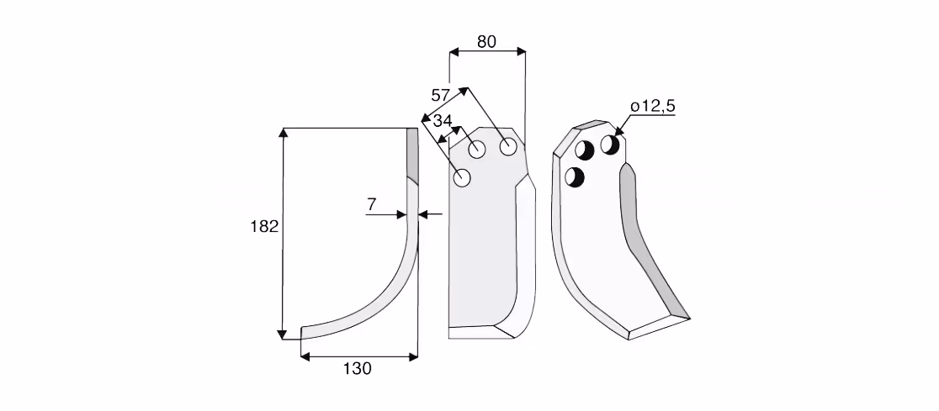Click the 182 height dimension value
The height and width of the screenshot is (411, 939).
pyautogui.click(x=264, y=227)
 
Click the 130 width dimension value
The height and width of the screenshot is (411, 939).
pyautogui.click(x=357, y=369)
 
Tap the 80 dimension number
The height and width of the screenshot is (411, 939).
pyautogui.click(x=486, y=42)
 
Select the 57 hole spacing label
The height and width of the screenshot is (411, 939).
pyautogui.click(x=440, y=95)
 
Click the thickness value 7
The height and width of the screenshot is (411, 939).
pyautogui.click(x=371, y=204)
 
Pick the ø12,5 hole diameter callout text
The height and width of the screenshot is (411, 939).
pyautogui.click(x=653, y=107)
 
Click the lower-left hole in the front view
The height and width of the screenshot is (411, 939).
pyautogui.click(x=462, y=177)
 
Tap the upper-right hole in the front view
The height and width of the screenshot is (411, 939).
pyautogui.click(x=508, y=146)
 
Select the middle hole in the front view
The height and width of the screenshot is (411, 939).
pyautogui.click(x=477, y=150)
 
